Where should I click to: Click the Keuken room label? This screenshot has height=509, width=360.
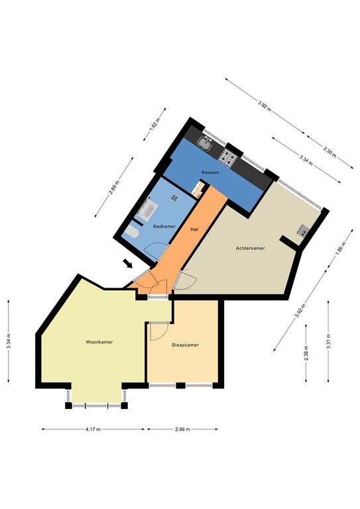click(210, 172)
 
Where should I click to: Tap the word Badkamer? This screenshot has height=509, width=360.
click(164, 227)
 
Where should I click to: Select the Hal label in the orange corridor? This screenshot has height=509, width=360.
click(194, 229)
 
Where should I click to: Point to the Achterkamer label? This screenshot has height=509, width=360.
click(250, 249)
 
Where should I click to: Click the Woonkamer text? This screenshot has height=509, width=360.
click(99, 342)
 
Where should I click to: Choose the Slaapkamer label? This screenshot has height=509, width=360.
click(185, 345)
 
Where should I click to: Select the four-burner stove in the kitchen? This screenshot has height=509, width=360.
click(229, 156)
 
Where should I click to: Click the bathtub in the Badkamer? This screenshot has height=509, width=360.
click(147, 212)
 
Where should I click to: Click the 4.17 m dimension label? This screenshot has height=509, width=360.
click(93, 429)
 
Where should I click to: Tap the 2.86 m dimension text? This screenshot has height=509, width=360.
click(183, 429)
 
